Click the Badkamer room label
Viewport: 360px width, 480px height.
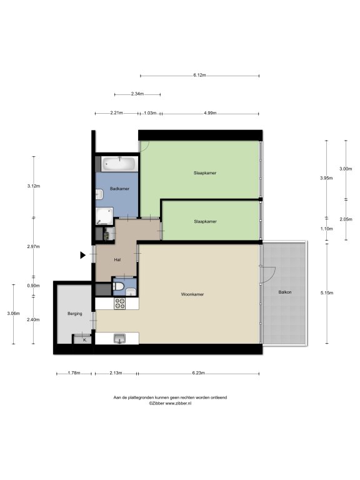click(119, 189)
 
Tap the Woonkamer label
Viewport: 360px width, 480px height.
click(192, 294)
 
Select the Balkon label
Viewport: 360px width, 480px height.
click(285, 292)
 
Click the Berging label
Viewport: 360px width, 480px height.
click(75, 314)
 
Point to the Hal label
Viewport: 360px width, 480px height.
click(117, 260)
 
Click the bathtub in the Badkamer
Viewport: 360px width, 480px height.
click(119, 164)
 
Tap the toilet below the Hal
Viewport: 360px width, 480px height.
click(119, 286)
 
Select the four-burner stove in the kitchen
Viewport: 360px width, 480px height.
click(120, 304)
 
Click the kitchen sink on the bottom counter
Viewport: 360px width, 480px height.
click(120, 339)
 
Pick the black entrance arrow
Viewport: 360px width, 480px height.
click(83, 255)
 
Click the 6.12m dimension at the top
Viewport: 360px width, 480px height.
click(199, 75)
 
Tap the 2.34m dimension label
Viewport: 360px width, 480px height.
click(137, 94)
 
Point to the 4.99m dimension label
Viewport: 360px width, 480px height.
click(210, 113)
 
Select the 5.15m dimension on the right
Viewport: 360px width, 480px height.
click(327, 293)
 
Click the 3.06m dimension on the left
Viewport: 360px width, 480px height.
click(14, 314)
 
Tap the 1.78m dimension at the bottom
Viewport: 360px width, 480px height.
click(74, 373)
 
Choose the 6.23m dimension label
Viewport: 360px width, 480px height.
click(198, 373)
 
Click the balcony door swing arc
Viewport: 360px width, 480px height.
click(272, 274)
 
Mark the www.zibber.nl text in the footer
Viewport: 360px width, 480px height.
click(179, 404)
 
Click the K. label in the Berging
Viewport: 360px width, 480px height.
click(85, 340)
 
